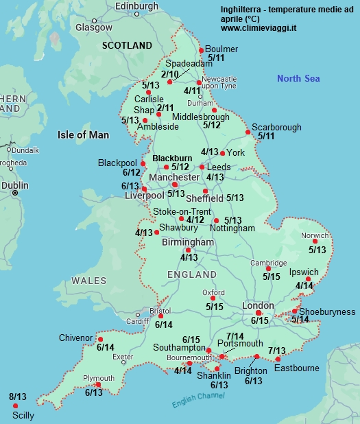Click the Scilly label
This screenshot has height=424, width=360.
[22, 415]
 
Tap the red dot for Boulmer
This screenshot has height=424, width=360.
[201, 50]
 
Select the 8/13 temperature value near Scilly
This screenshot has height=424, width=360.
[18, 397]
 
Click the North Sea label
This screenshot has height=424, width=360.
[298, 79]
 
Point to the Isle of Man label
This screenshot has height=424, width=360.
[83, 134]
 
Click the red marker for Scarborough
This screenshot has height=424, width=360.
[248, 132]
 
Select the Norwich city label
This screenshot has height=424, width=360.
[315, 235]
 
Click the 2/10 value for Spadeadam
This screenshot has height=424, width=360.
[169, 74]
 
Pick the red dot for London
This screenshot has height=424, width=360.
[259, 313]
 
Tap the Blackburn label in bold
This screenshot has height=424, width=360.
[172, 158]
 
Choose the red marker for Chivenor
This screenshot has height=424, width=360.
[100, 339]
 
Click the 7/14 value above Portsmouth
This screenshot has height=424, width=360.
[235, 335]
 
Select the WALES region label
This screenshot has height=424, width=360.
[89, 281]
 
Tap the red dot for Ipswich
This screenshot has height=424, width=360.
[308, 279]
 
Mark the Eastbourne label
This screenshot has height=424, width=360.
[296, 368]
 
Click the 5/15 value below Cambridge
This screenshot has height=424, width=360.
[272, 276]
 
